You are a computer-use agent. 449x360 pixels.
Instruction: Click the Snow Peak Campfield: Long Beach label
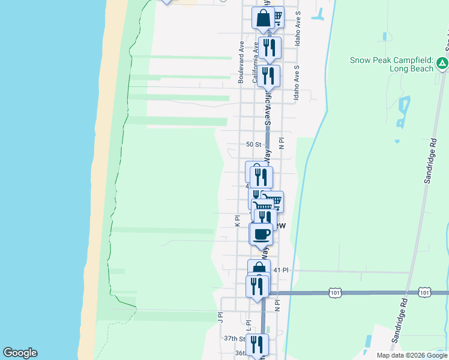point(391,64)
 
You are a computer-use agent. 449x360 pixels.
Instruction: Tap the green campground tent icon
point(442,62)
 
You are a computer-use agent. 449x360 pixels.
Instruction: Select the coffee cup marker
point(261,234)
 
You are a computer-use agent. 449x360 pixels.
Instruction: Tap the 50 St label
point(254,145)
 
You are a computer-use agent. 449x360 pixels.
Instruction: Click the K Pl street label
point(238,221)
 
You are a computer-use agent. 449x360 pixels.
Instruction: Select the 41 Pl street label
point(281,271)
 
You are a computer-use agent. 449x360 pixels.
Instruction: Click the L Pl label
point(248,324)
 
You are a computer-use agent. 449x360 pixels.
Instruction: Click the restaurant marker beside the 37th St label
point(257,344)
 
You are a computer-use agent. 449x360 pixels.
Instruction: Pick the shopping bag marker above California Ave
point(263,19)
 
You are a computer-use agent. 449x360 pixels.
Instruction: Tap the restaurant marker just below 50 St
point(261,176)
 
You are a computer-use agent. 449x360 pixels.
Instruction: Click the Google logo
point(20,353)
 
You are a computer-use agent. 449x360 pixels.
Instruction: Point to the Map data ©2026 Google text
point(411,355)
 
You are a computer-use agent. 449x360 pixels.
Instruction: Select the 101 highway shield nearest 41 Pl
point(335,292)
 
